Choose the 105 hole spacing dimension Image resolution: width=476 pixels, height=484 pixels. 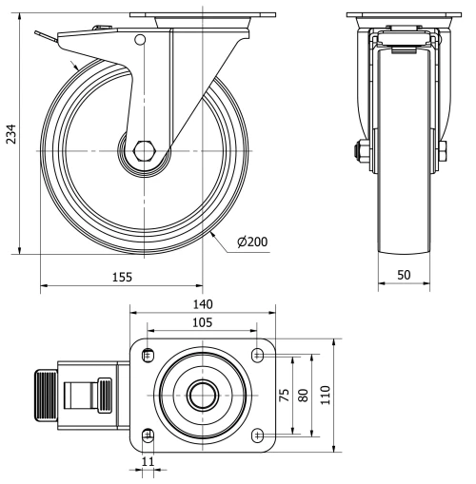(x=202, y=323)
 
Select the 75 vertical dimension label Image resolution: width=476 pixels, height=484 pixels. (x=283, y=395)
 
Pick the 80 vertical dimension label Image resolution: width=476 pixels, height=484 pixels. (x=304, y=395)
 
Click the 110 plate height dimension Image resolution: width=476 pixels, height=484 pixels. (x=325, y=395)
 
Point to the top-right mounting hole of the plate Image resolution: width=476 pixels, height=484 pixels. (x=259, y=355)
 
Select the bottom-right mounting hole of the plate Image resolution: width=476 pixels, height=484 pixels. (x=259, y=435)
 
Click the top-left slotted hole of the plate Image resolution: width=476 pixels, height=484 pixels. (x=147, y=355)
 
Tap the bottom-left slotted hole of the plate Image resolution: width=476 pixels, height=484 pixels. (x=147, y=435)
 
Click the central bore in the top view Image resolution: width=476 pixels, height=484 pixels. (x=201, y=394)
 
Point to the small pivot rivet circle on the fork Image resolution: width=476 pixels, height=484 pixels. (x=140, y=41)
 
